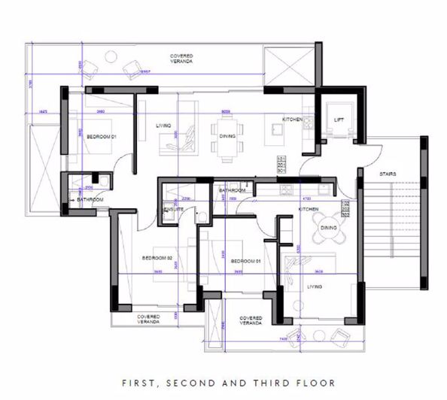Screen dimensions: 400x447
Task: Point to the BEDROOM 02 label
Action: pos(157,258)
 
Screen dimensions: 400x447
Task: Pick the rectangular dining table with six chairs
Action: pos(227,136)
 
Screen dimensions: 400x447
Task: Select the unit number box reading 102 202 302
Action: pos(345,208)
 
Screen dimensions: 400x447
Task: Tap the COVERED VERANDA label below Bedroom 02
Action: pos(148,319)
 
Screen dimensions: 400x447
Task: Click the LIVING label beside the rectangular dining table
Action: pos(164,126)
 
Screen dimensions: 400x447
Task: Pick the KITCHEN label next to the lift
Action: pos(293,120)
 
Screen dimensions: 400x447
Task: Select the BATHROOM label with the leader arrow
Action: pos(89,199)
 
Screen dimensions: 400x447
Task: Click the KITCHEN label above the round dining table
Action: pos(309,209)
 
